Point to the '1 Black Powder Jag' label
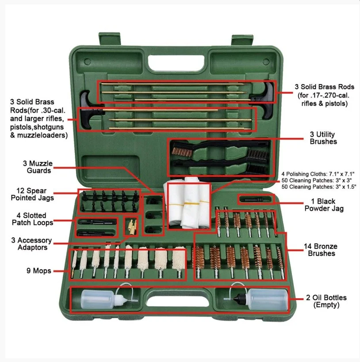tap(324, 205)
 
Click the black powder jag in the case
tap(254, 199)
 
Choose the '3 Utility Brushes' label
tap(323, 138)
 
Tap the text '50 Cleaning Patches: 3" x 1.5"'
tap(318, 187)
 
